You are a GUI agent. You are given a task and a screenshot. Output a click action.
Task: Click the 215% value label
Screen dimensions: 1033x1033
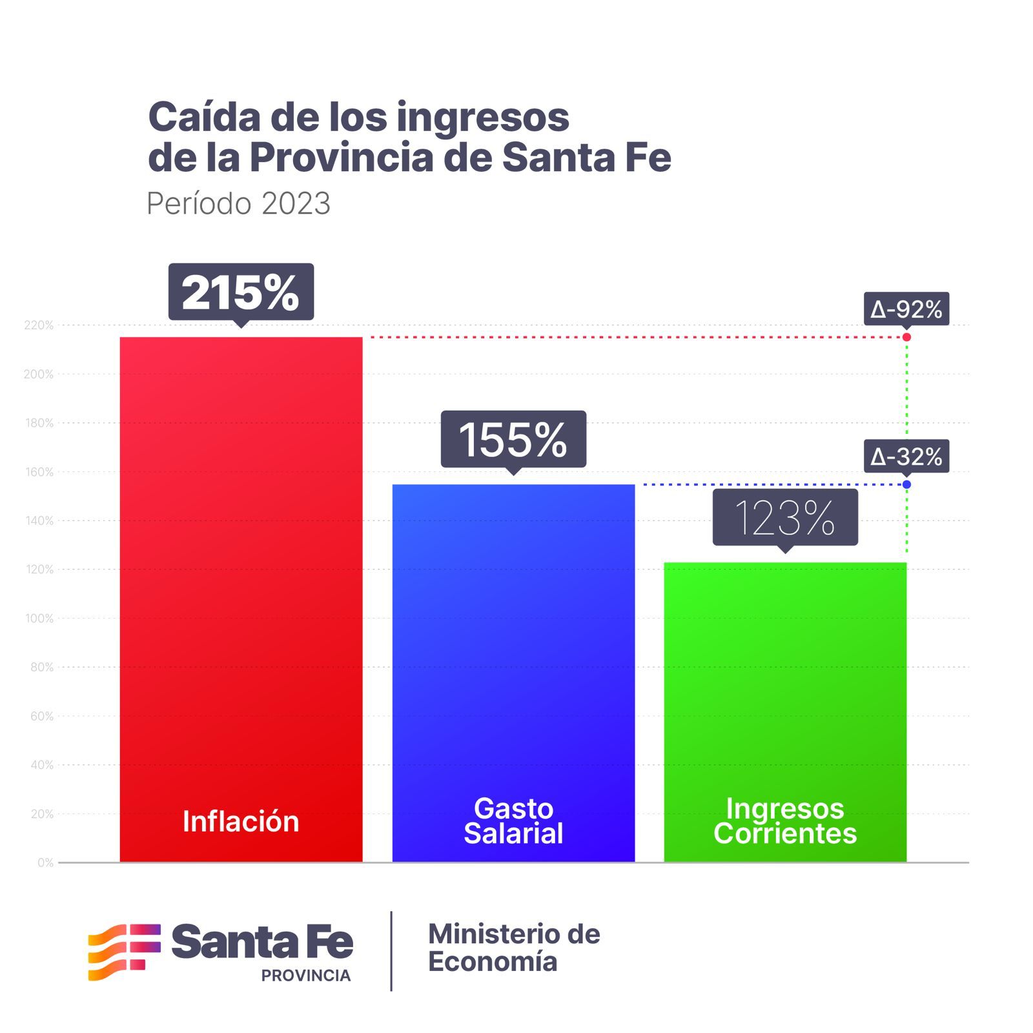[x=241, y=292]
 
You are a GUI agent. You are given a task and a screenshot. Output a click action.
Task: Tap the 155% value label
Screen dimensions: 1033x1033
[x=513, y=440]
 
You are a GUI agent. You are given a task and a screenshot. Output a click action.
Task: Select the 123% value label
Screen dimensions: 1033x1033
[x=785, y=518]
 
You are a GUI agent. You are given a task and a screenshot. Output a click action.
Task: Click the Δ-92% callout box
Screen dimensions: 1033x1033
[x=906, y=309]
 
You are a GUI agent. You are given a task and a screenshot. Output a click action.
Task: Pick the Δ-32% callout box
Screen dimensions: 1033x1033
[x=906, y=456]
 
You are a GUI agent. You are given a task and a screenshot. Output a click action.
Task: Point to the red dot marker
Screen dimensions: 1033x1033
[x=906, y=337]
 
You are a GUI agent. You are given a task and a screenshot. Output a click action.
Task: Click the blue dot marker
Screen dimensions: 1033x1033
[x=906, y=484]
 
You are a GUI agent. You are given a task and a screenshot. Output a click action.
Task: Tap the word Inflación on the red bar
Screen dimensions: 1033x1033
[x=241, y=821]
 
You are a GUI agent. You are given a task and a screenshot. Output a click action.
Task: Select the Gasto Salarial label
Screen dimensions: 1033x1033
[x=513, y=821]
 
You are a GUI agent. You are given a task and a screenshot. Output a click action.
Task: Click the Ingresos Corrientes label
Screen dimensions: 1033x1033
[x=785, y=821]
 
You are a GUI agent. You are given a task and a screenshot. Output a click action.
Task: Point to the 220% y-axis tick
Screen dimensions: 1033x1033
[x=39, y=325]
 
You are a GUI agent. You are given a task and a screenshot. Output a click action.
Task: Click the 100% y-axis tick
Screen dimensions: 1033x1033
[x=39, y=619]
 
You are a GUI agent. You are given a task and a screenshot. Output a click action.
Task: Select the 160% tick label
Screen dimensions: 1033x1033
[x=39, y=472]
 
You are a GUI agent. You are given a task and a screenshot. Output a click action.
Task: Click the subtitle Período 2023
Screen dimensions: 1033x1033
[x=238, y=203]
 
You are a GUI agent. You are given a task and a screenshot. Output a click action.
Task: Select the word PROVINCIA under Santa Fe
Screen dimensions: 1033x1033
[x=306, y=976]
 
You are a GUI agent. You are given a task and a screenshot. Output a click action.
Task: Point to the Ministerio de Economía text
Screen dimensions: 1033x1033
[x=514, y=948]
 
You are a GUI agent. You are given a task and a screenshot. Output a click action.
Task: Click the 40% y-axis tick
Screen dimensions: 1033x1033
[x=42, y=765]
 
